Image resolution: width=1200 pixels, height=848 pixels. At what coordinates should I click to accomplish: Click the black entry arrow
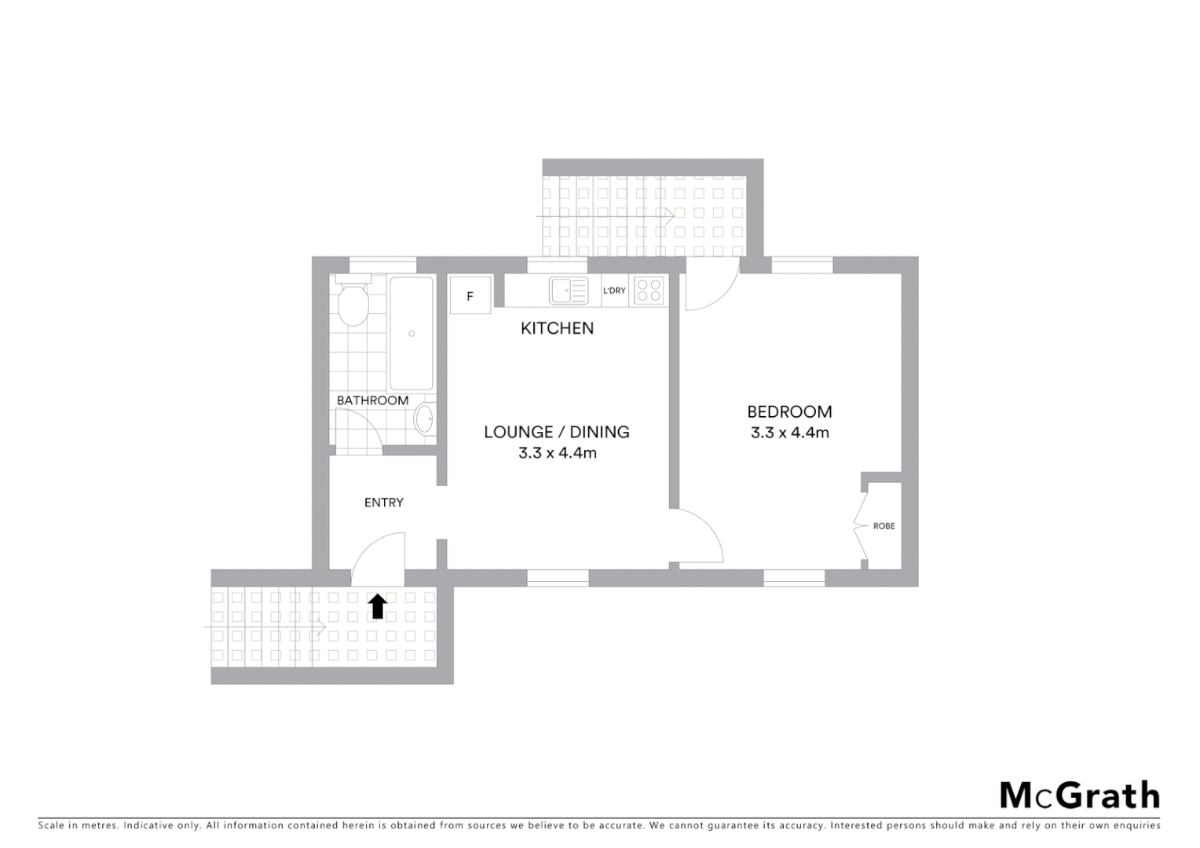tap(378, 606)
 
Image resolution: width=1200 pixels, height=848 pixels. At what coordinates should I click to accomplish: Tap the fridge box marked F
tap(470, 296)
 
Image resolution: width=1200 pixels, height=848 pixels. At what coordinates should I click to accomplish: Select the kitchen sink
tap(569, 291)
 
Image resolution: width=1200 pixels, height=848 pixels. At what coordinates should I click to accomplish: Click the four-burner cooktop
tap(649, 291)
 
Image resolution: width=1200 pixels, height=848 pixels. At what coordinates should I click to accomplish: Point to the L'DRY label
tap(614, 291)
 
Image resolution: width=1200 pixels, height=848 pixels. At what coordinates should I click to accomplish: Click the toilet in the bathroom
tap(352, 303)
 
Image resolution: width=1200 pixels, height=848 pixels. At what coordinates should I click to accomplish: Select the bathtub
tap(412, 333)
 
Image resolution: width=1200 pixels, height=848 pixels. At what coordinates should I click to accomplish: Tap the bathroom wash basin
tap(424, 419)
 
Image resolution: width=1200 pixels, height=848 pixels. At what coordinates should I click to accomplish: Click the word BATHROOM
tap(372, 400)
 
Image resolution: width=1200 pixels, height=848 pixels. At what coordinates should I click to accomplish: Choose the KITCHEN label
tap(557, 328)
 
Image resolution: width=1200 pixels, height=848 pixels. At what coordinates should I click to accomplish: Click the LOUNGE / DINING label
tap(556, 432)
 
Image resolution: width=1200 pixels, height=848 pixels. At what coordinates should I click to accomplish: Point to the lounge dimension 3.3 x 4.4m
tap(557, 453)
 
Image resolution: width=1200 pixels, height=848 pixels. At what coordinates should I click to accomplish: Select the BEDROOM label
tap(789, 411)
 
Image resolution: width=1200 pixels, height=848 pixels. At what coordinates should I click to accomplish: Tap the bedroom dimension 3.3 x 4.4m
tap(789, 433)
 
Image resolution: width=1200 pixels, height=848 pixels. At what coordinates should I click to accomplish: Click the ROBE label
tap(884, 526)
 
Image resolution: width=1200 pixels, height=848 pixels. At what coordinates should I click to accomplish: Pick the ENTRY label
tap(383, 503)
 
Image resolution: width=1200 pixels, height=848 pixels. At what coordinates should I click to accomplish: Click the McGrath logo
tap(1079, 795)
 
